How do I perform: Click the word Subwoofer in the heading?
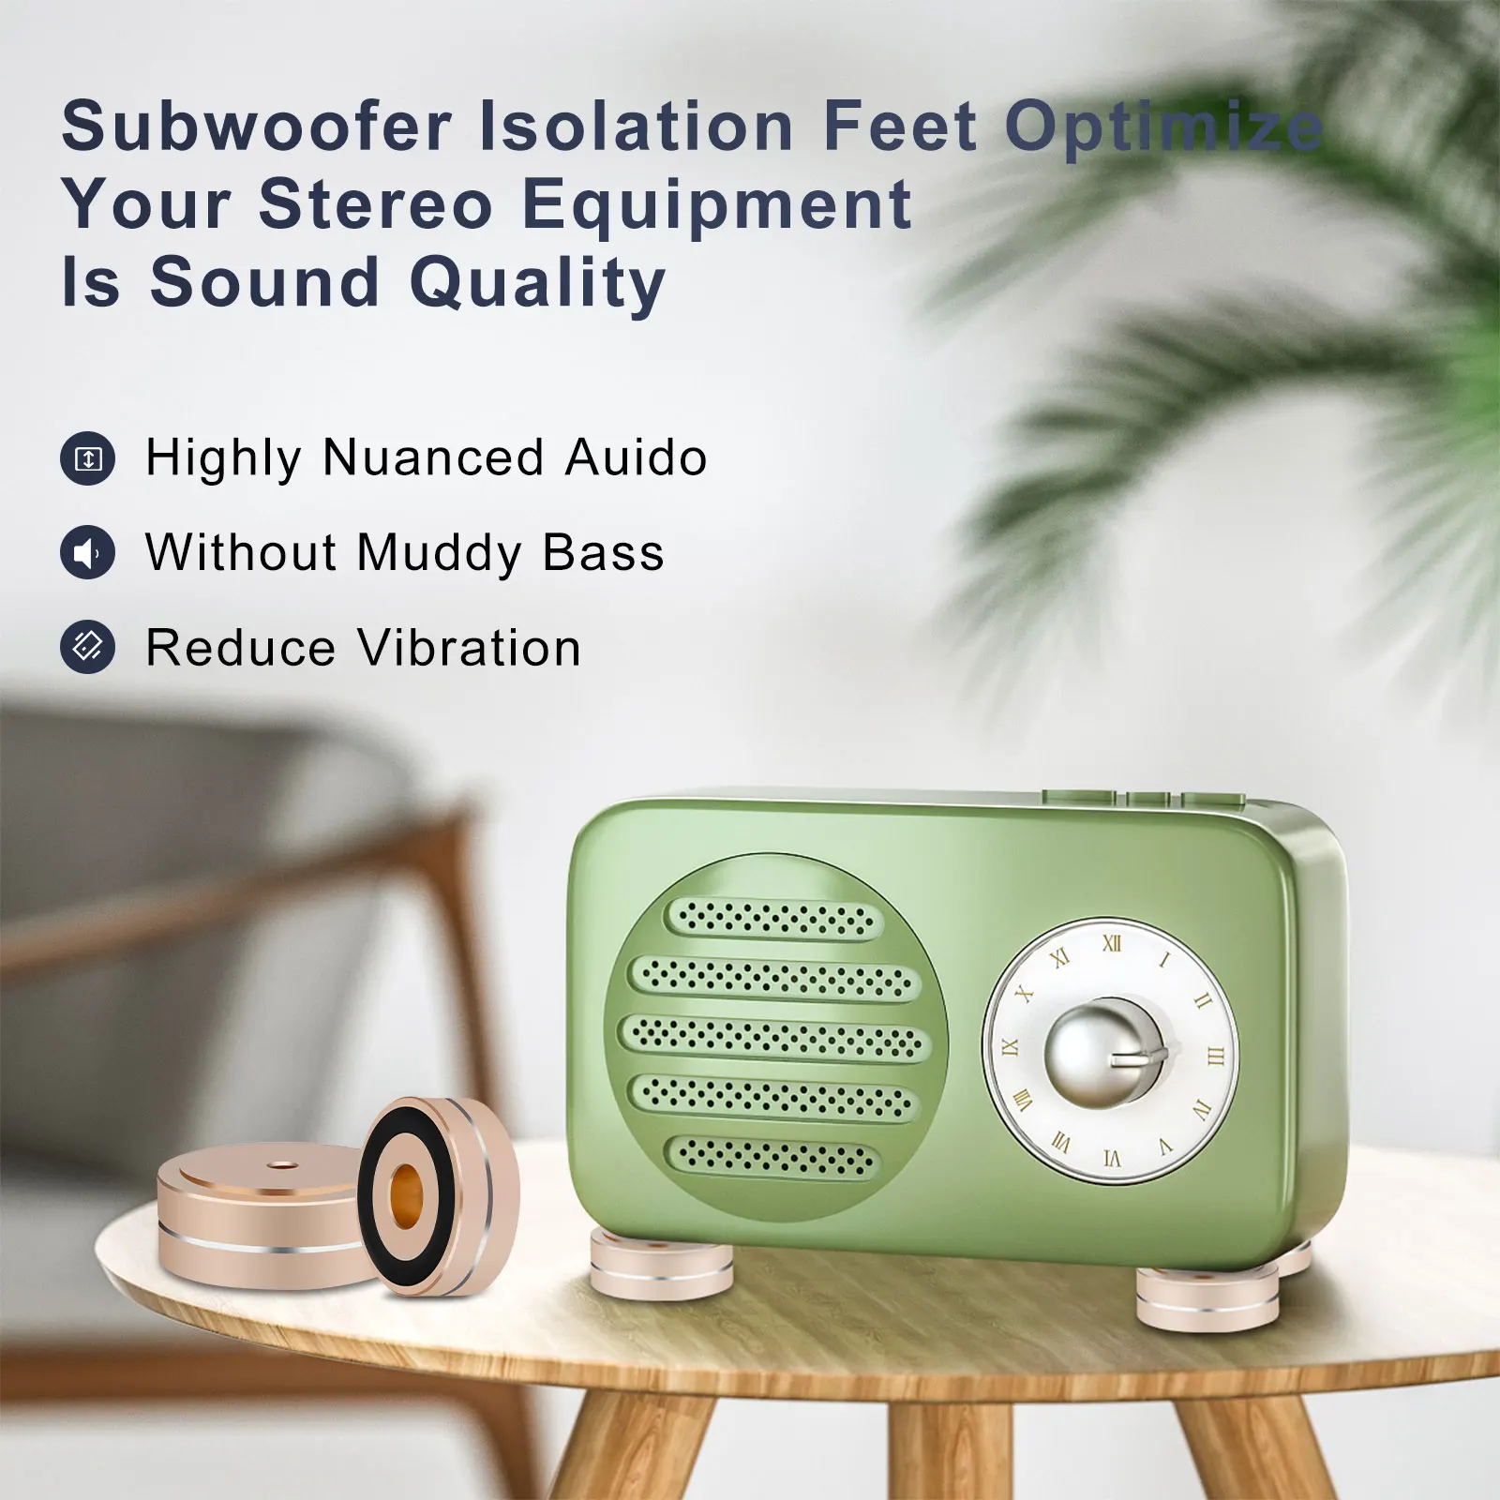257,126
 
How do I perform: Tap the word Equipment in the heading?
716,204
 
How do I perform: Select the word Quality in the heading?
538,282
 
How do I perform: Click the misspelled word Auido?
636,458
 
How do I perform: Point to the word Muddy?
439,553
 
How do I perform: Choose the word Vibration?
470,648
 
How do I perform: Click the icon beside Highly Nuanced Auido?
88,459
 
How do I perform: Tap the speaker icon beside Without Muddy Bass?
88,553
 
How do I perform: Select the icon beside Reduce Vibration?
88,647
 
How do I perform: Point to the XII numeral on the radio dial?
1112,943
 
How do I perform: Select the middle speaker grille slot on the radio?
774,1038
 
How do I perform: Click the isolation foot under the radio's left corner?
662,1266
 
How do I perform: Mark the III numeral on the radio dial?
1216,1057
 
